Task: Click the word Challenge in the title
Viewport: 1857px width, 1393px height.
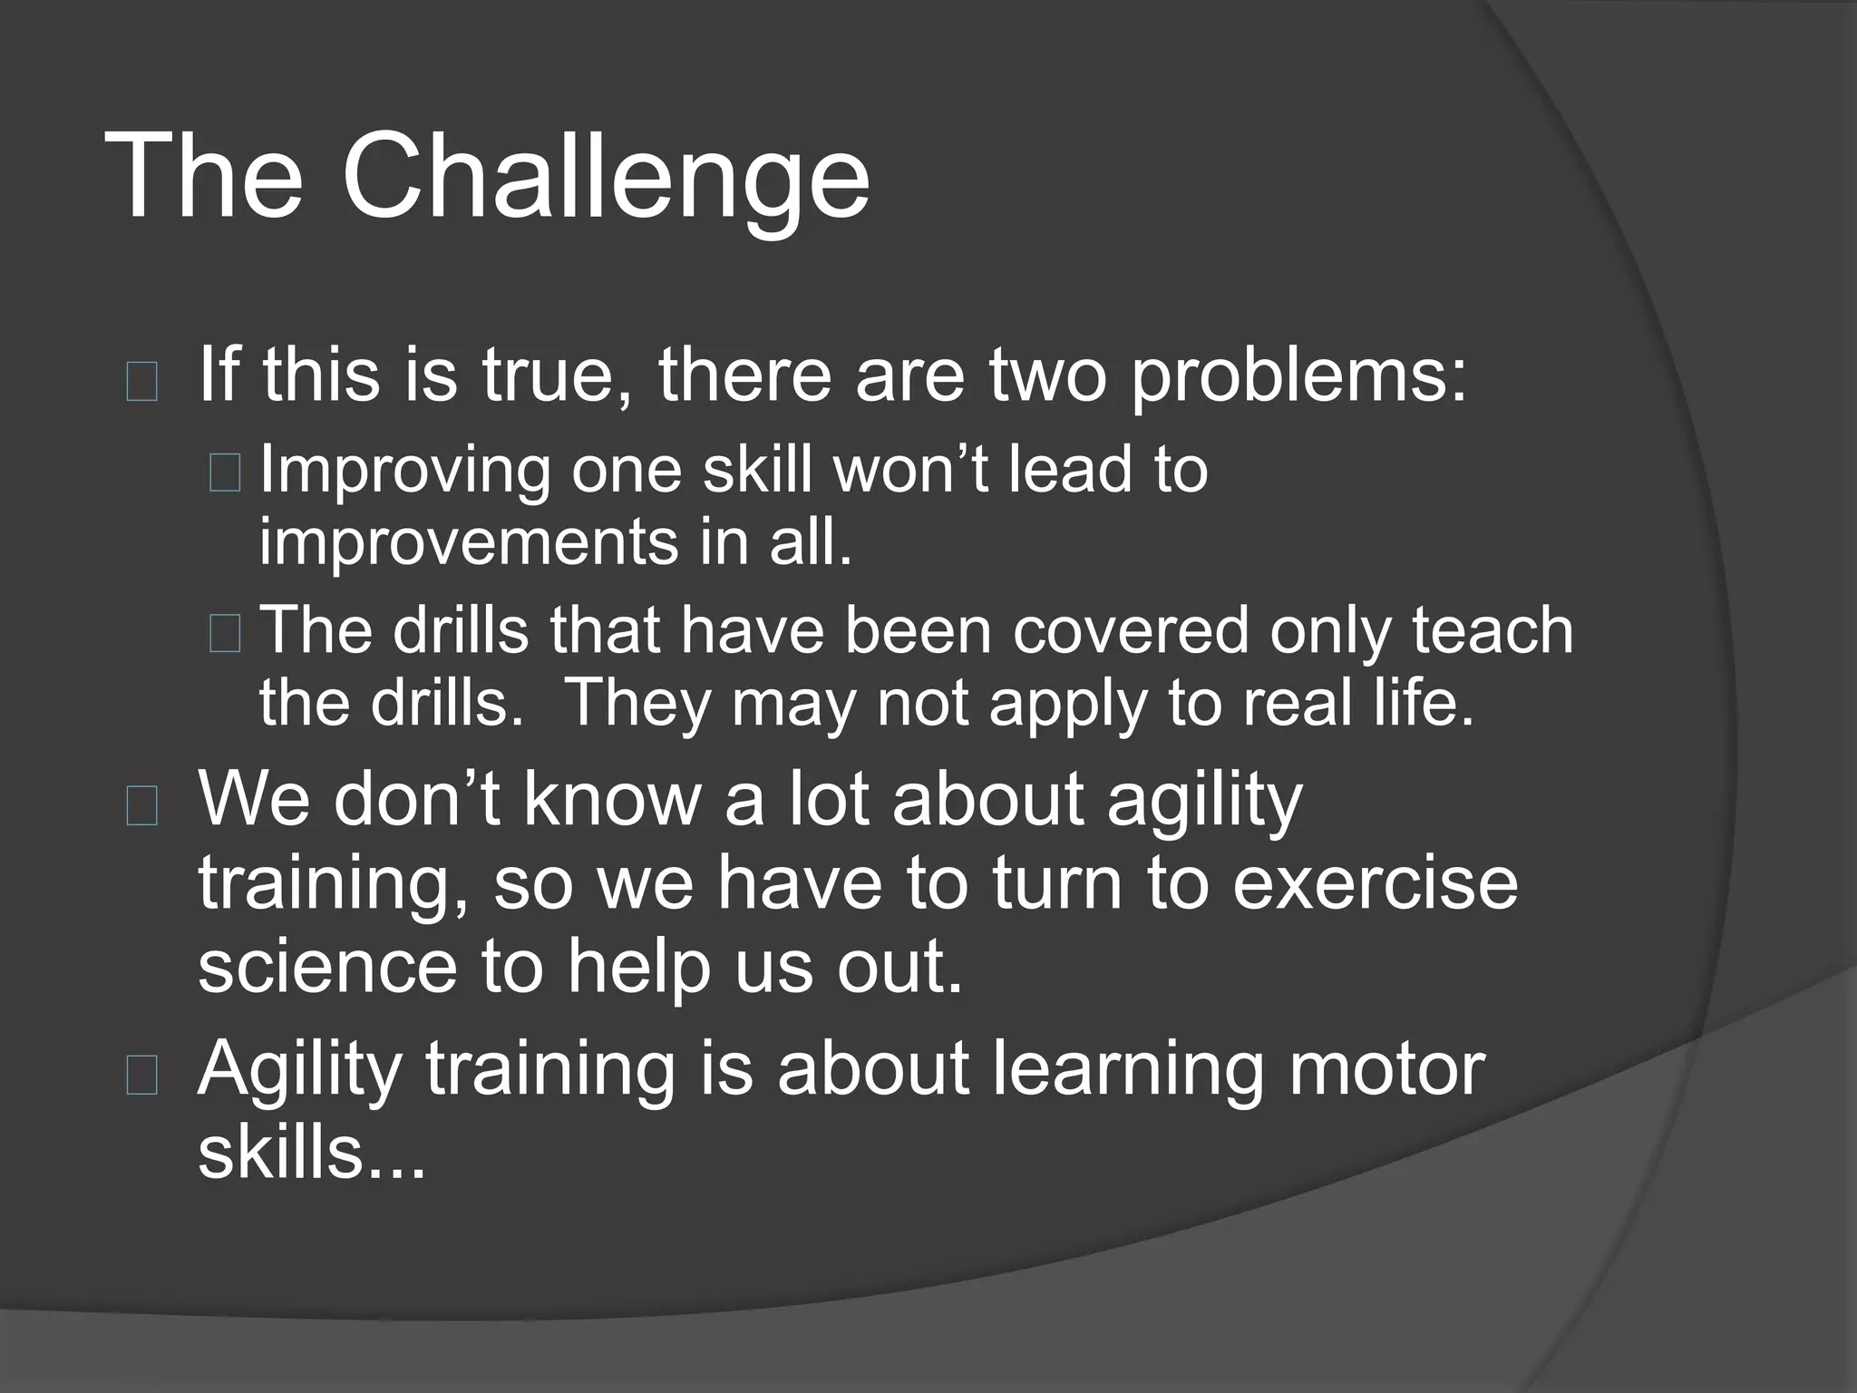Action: [605, 177]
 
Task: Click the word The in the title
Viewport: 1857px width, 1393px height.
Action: [204, 177]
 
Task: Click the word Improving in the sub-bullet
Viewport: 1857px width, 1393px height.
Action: [404, 472]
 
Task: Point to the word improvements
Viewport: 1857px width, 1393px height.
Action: [468, 542]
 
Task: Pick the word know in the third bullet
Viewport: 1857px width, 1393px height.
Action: [610, 799]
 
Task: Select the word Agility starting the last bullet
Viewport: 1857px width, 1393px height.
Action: [300, 1071]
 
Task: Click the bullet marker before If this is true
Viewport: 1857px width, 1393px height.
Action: [142, 381]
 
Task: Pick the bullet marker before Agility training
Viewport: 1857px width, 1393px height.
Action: [142, 1076]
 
